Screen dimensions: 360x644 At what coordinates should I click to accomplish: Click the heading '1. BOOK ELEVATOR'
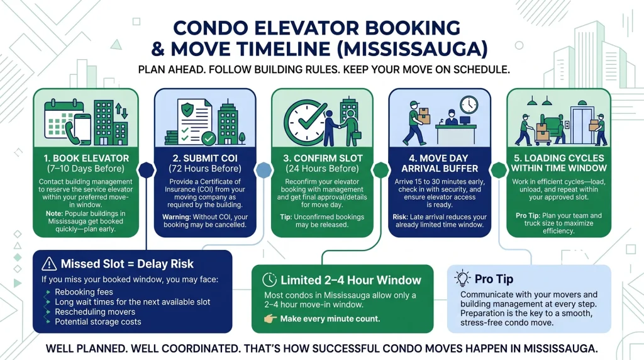[86, 158]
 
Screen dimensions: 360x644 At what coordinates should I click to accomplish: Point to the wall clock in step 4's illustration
[469, 104]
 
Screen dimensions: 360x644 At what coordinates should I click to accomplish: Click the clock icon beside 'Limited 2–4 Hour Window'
[269, 280]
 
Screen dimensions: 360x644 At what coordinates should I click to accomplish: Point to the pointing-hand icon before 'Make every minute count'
[270, 319]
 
